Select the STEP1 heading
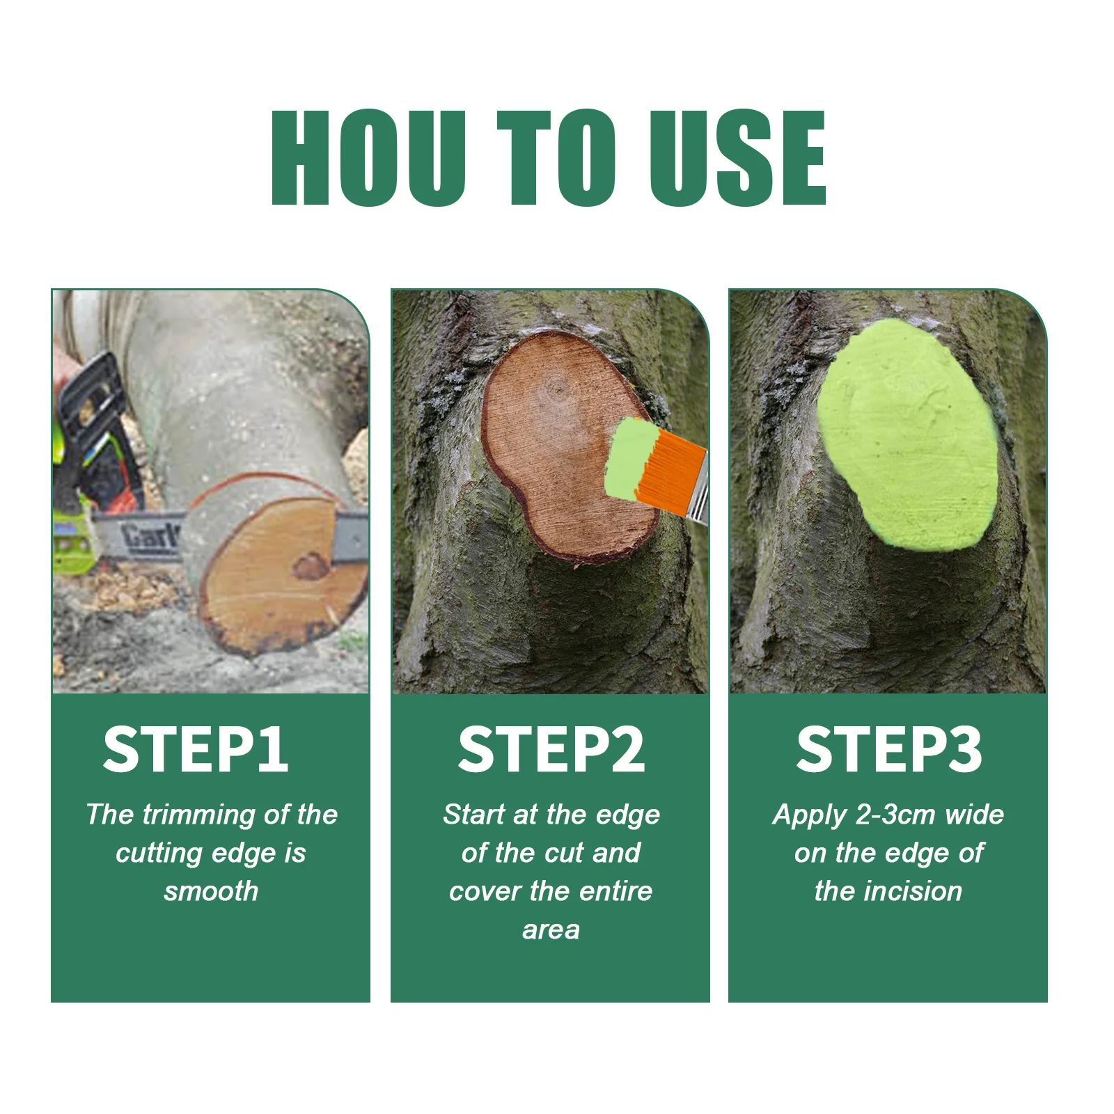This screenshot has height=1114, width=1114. point(196,750)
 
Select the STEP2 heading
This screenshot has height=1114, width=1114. point(551,750)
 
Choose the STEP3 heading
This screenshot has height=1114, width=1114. point(889,750)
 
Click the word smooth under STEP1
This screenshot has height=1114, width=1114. point(211,891)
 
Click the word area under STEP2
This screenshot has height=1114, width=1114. point(551,929)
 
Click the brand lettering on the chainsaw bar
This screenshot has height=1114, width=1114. point(150,536)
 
